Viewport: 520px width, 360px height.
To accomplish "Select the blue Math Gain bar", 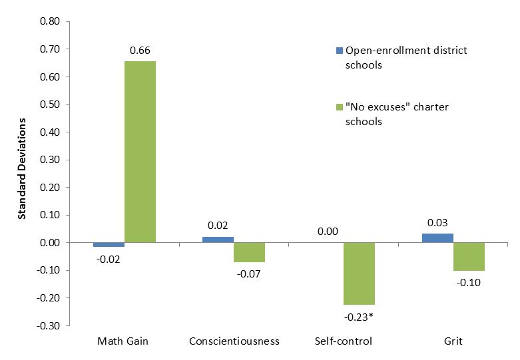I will (x=109, y=245).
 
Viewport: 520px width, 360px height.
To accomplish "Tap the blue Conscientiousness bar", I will (x=218, y=240).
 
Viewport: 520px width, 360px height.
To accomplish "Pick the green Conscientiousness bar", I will (x=249, y=252).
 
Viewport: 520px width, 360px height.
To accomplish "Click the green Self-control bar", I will (x=359, y=273).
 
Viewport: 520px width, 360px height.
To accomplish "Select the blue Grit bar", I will (x=437, y=238).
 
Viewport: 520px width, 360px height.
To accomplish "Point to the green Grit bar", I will (x=469, y=257).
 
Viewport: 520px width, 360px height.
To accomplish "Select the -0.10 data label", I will (x=469, y=282).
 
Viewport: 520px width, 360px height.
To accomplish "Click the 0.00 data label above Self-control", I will (x=328, y=232).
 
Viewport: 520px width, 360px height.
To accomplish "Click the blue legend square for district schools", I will (x=338, y=51).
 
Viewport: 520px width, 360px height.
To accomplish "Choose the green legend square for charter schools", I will (x=338, y=107).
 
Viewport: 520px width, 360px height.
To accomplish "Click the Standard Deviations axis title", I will (x=21, y=169).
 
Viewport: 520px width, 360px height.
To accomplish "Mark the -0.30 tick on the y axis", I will (x=49, y=326).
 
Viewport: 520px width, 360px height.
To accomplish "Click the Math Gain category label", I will (x=123, y=341).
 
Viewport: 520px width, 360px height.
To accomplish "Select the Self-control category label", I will (x=343, y=341).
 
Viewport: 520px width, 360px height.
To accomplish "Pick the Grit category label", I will (x=453, y=341).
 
